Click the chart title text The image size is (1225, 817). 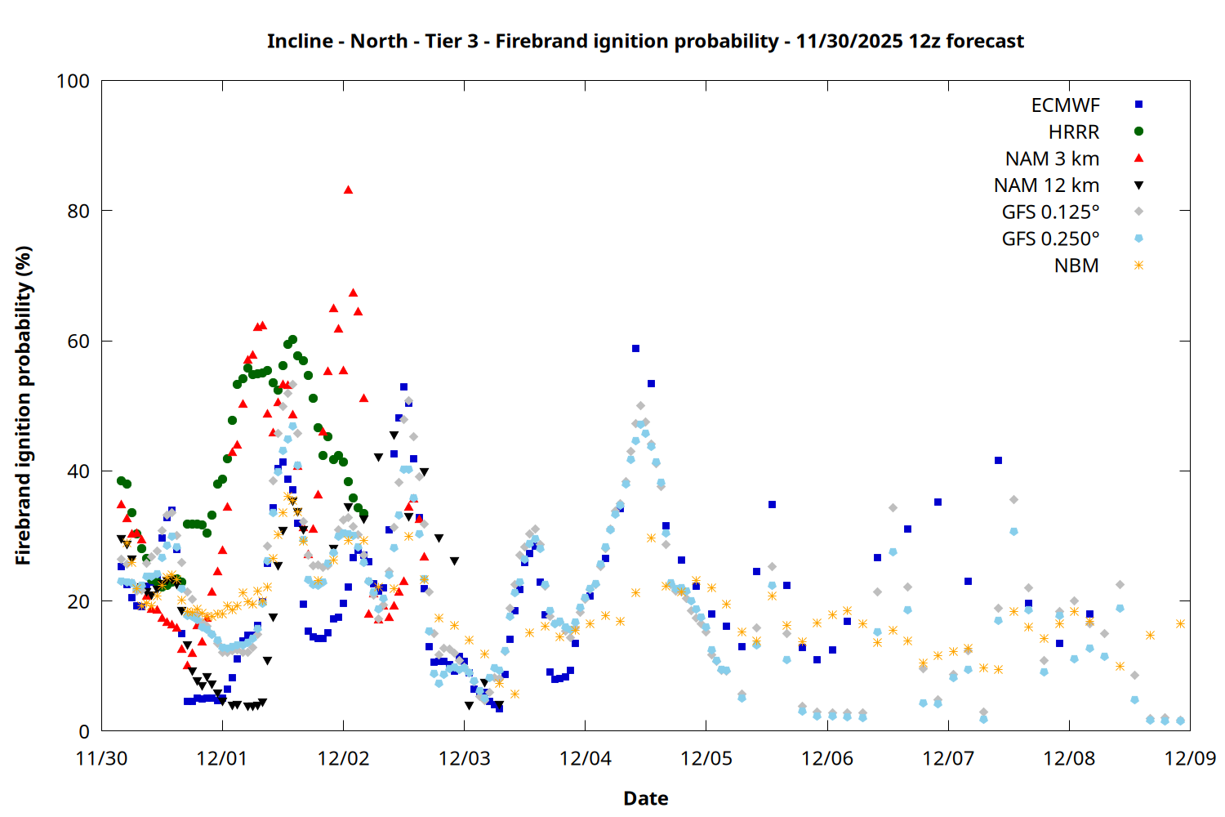coord(645,41)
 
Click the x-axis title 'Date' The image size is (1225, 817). coord(645,798)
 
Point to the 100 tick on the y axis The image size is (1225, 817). coord(73,81)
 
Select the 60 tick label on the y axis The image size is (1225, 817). coord(78,342)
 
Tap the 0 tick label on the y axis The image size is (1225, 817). coord(83,732)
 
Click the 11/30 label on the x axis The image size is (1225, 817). coord(101,758)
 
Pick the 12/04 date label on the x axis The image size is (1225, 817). coord(586,758)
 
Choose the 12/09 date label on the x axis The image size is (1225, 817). coord(1190,758)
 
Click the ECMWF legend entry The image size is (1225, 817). coord(1065,105)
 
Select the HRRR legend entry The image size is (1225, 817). coord(1074,132)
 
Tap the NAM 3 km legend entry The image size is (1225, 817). coord(1052,158)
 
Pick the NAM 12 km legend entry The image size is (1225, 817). coord(1046,185)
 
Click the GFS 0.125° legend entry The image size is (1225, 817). coord(1050,212)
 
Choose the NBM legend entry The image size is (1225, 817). coord(1076,266)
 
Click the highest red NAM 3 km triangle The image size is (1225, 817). coord(348,190)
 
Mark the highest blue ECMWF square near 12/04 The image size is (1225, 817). coord(635,349)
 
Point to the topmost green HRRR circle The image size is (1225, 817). coord(292,339)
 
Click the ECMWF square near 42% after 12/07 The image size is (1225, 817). coord(998,461)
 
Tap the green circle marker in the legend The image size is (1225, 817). coord(1138,132)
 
